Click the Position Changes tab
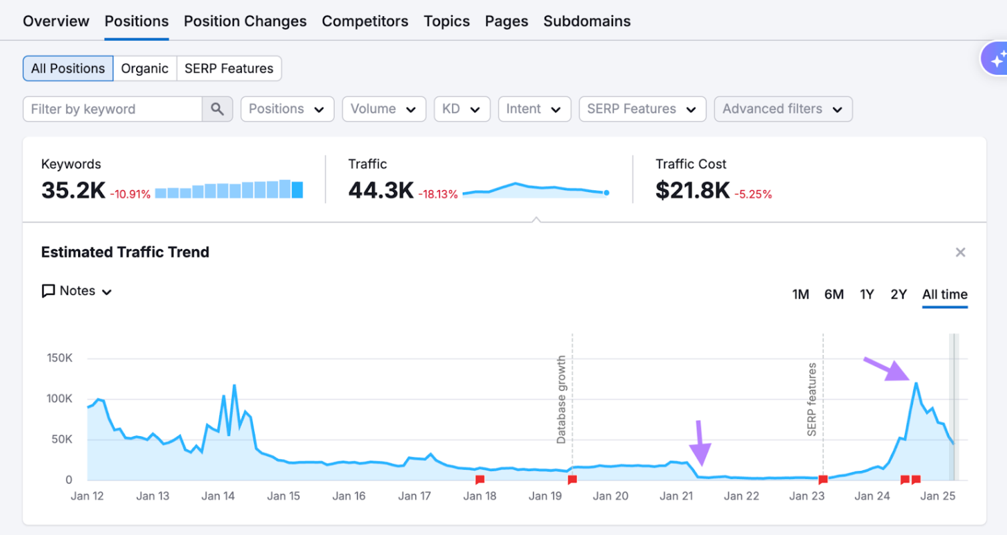pyautogui.click(x=245, y=21)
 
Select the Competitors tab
pyautogui.click(x=365, y=21)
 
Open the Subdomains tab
pyautogui.click(x=587, y=21)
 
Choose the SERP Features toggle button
pyautogui.click(x=229, y=69)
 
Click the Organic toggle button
pyautogui.click(x=145, y=69)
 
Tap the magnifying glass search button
pyautogui.click(x=217, y=109)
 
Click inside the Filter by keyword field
pyautogui.click(x=112, y=109)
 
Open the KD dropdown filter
pyautogui.click(x=461, y=109)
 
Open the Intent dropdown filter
pyautogui.click(x=534, y=109)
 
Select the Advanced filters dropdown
pyautogui.click(x=783, y=109)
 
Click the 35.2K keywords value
pyautogui.click(x=73, y=191)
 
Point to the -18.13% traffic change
pyautogui.click(x=438, y=194)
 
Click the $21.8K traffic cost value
pyautogui.click(x=692, y=191)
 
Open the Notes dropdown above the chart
pyautogui.click(x=77, y=291)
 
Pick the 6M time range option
pyautogui.click(x=834, y=294)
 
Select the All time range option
pyautogui.click(x=944, y=294)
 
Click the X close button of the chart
pyautogui.click(x=960, y=252)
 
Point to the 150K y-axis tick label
pyautogui.click(x=59, y=358)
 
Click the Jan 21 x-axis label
pyautogui.click(x=676, y=496)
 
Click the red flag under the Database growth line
pyautogui.click(x=572, y=480)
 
